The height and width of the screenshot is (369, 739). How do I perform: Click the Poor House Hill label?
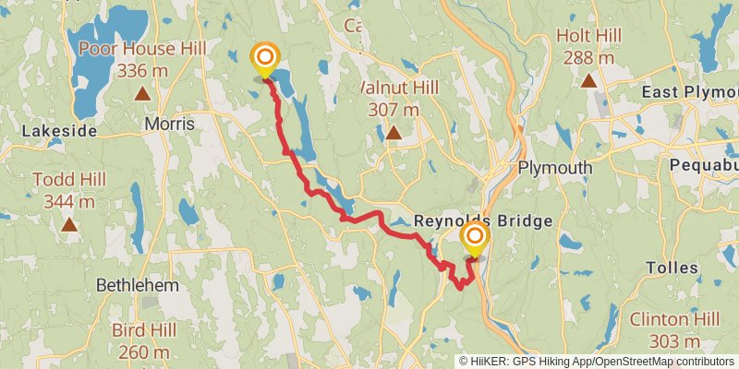click(x=142, y=59)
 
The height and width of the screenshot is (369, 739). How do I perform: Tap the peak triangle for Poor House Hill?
click(x=142, y=93)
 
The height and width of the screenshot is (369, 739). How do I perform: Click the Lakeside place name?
click(x=59, y=131)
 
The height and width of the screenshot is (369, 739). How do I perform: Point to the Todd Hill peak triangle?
click(x=68, y=224)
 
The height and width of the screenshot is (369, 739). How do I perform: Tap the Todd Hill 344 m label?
click(x=68, y=190)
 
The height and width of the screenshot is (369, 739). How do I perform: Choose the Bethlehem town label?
click(x=138, y=285)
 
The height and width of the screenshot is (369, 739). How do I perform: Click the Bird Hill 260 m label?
click(x=142, y=340)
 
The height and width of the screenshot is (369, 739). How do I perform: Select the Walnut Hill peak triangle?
click(x=394, y=133)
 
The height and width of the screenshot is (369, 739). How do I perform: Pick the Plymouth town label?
click(x=554, y=168)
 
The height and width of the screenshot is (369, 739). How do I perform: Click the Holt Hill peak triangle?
click(x=588, y=80)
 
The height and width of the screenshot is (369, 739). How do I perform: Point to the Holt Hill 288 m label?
click(x=588, y=47)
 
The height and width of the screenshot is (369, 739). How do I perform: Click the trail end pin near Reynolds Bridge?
click(x=475, y=240)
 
